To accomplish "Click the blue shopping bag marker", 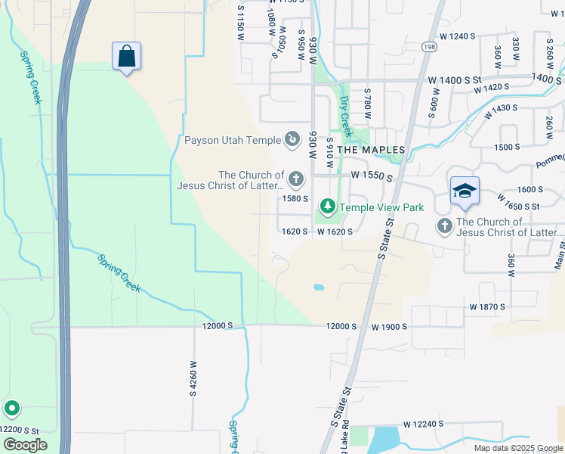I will (127, 56).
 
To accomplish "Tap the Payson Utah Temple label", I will (233, 140).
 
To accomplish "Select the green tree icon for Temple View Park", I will (327, 206).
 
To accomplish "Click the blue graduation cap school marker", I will (465, 191).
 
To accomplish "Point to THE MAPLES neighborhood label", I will (371, 150).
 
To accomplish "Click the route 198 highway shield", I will (428, 47).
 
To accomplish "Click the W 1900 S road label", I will (389, 326).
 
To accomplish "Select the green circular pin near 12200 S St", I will (12, 409).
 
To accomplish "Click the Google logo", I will (25, 444).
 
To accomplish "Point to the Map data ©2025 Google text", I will (517, 448).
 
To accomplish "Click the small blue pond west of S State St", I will (318, 288).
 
